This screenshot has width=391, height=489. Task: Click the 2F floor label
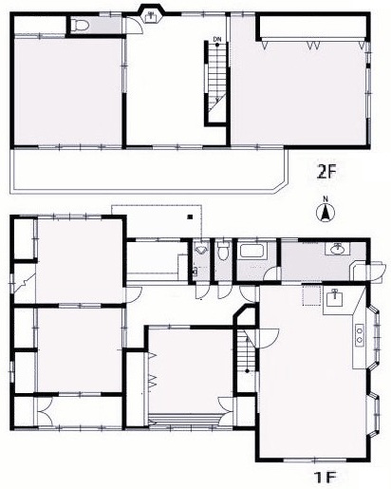[326, 172]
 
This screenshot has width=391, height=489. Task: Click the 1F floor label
[326, 477]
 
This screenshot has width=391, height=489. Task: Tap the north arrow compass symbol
[326, 212]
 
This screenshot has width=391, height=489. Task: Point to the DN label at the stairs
[216, 39]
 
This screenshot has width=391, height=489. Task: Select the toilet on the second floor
[79, 25]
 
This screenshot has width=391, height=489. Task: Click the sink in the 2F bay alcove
[152, 16]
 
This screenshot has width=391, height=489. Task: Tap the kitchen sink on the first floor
[334, 298]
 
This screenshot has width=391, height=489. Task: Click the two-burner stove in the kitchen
[360, 335]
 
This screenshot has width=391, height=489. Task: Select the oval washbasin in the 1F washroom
[338, 250]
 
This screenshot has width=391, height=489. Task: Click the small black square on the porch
[190, 216]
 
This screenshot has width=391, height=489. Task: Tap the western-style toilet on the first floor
[224, 251]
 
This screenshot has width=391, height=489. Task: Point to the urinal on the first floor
[200, 250]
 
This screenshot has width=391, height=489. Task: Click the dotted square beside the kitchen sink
[312, 295]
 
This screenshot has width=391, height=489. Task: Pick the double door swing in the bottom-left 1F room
[46, 411]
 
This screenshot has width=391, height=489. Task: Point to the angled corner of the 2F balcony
[282, 186]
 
